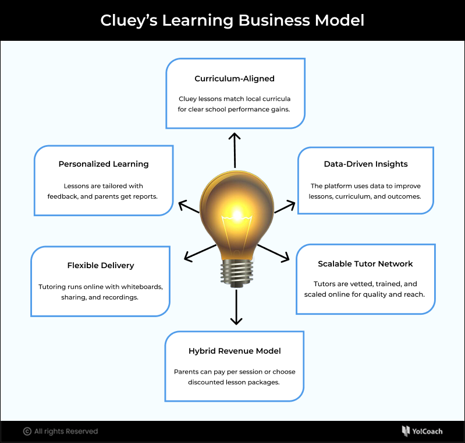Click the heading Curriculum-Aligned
tap(235, 79)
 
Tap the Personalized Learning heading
tap(104, 164)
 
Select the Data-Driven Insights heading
tap(366, 164)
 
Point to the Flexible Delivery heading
tap(101, 266)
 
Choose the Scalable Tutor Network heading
tap(365, 264)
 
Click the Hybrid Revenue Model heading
tap(235, 351)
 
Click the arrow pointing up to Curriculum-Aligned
tap(235, 149)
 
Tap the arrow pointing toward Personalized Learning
tap(190, 207)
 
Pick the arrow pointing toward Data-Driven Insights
tap(285, 206)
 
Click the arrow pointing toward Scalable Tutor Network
tap(273, 252)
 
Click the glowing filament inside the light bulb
tap(236, 219)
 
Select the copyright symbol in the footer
tap(27, 431)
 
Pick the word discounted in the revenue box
tap(208, 382)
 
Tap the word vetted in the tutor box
tap(360, 284)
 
